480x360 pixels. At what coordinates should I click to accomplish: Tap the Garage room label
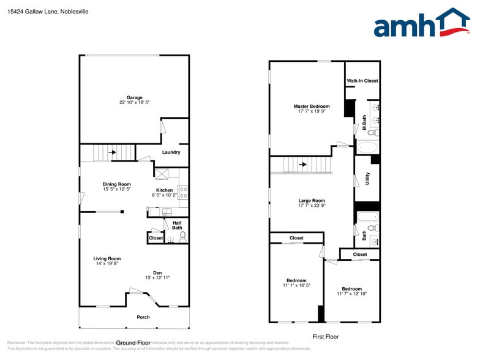coord(135,97)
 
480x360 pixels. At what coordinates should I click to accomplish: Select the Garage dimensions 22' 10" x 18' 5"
coord(135,103)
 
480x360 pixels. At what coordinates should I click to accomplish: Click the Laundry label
coord(171,152)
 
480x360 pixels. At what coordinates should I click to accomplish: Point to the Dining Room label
coord(116,184)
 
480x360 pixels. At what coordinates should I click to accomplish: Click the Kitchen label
coord(164,190)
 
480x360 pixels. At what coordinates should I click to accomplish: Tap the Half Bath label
coord(177,225)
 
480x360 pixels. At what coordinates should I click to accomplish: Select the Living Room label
coord(107,258)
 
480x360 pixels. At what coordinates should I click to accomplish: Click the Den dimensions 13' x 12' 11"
coord(157,278)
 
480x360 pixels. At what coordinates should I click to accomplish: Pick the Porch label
coord(143,317)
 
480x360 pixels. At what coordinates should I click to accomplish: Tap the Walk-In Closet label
coord(362,81)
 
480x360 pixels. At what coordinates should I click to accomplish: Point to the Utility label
coord(367,179)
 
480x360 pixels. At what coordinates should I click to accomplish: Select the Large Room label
coord(312,201)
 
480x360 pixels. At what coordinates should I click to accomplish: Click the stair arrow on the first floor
coord(302,164)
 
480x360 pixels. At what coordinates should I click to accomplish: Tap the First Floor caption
coord(325,337)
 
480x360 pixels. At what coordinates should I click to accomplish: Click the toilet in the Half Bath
coord(182,237)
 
